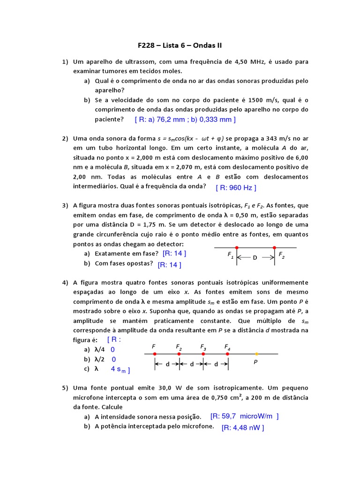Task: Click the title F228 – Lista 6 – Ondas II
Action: [x=180, y=45]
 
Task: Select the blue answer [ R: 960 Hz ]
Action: [x=236, y=187]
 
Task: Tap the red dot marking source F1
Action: [x=237, y=247]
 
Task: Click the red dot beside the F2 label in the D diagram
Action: [x=274, y=247]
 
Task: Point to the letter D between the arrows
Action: [x=255, y=257]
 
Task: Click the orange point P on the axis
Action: [x=256, y=354]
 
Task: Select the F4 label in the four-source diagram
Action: [x=227, y=347]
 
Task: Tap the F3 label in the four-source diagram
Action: [x=203, y=347]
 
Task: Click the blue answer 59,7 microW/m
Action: [x=244, y=416]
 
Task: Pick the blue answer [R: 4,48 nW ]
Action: [x=243, y=427]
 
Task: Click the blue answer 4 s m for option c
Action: [x=120, y=369]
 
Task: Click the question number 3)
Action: [x=65, y=205]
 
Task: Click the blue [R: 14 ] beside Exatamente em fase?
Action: [x=174, y=253]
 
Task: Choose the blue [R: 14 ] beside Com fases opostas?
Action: [x=169, y=264]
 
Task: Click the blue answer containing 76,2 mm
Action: [x=185, y=120]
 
